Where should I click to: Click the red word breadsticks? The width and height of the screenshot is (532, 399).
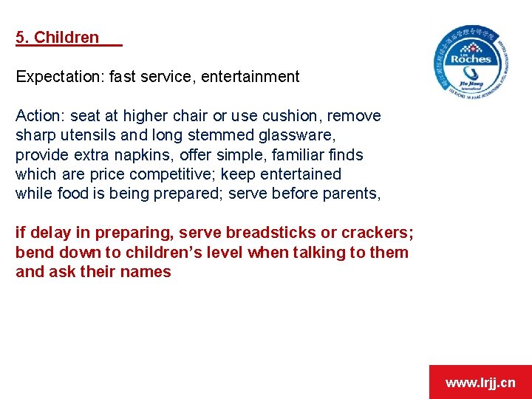(271, 233)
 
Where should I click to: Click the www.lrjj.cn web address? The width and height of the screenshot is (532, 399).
(480, 382)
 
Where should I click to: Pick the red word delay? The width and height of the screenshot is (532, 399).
(49, 233)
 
